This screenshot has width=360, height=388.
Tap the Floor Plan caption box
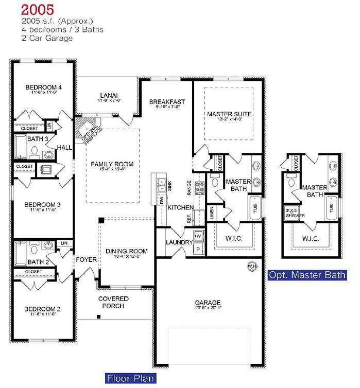[x=131, y=379]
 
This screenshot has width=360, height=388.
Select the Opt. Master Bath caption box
[x=307, y=275]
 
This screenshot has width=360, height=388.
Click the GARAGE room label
[x=208, y=303]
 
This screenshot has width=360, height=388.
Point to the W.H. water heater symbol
[x=253, y=266]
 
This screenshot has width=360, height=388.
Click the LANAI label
[x=109, y=95]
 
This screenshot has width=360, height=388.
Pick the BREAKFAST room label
[x=167, y=102]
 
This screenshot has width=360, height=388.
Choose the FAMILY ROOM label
[x=112, y=164]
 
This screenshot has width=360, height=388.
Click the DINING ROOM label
[x=127, y=251]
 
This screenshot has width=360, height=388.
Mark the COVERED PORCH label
[x=113, y=302]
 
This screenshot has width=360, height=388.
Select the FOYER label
[x=87, y=260]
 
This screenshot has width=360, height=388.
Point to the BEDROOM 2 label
[x=43, y=309]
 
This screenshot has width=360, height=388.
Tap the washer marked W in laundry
[x=199, y=236]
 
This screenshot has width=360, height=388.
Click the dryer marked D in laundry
[x=199, y=249]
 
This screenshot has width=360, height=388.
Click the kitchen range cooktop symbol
[x=200, y=186]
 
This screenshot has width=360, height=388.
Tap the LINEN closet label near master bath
[x=212, y=214]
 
